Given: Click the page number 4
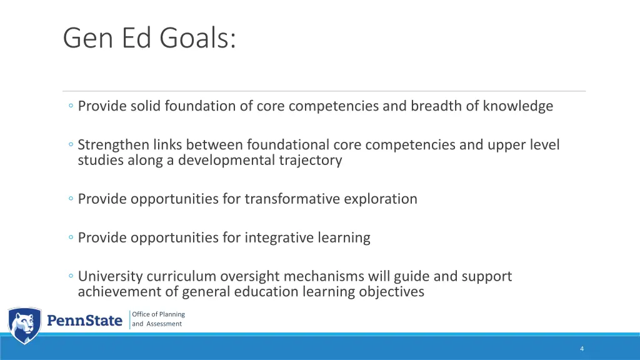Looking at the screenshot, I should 582,349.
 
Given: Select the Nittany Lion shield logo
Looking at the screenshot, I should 24,325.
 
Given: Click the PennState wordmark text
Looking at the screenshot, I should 85,321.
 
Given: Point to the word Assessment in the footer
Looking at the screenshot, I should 164,324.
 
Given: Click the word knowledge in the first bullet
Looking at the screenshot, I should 517,106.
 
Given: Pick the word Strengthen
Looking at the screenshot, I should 113,145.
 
